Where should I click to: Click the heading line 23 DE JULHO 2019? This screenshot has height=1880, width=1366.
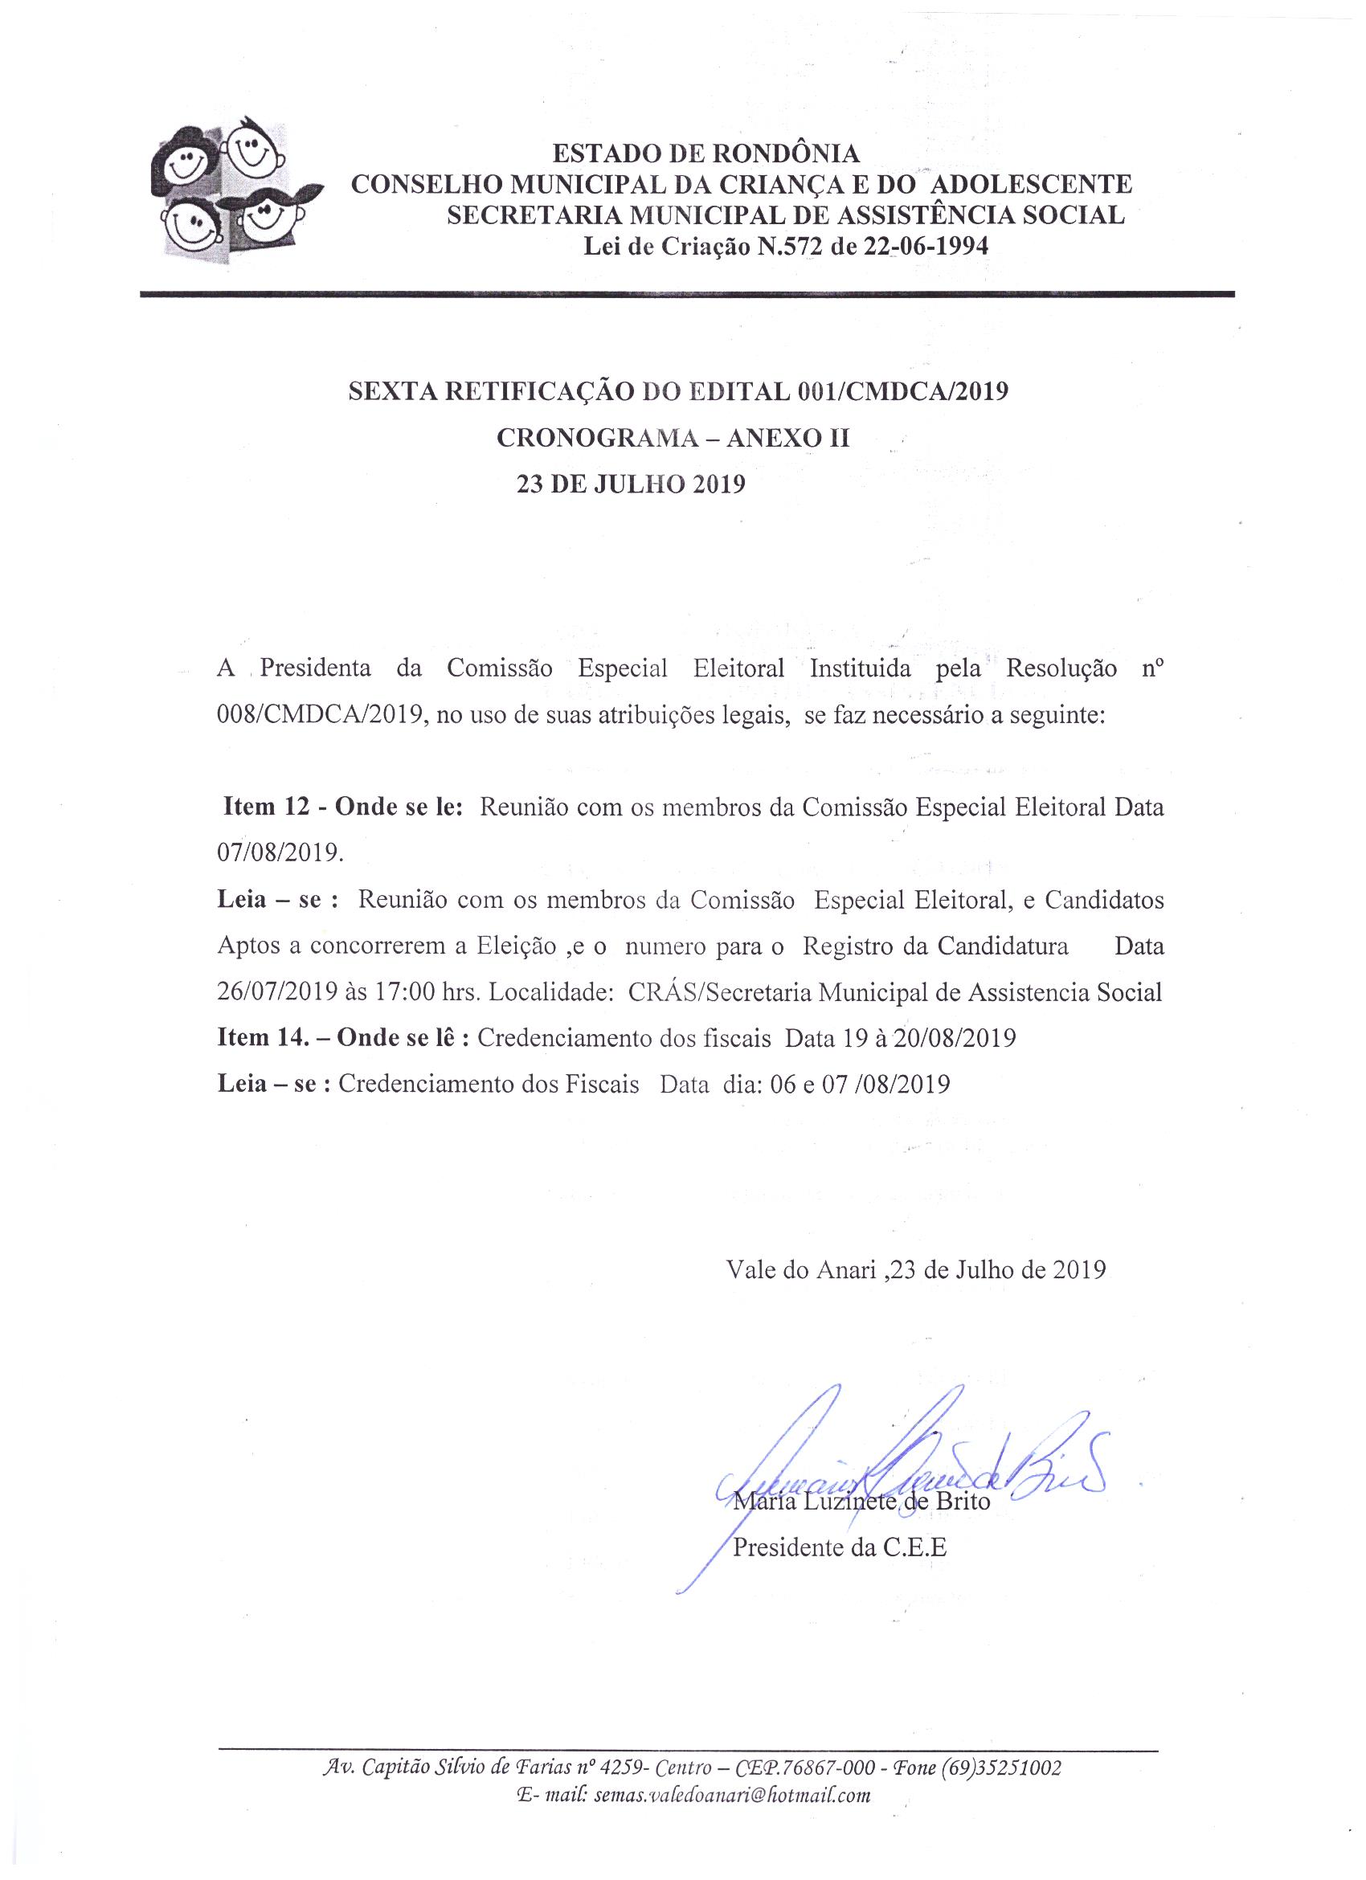631,484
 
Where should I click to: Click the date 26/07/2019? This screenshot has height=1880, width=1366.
279,992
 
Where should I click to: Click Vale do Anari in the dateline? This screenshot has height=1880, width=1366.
800,1270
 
